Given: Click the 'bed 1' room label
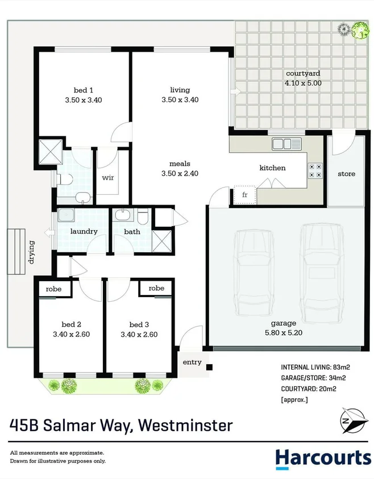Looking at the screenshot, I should pos(84,90).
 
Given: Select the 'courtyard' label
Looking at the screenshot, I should pos(303,73).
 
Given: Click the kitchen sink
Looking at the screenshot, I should pos(281,144).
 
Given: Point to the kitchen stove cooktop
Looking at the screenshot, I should pos(315,170).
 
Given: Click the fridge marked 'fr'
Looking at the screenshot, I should pos(245,195).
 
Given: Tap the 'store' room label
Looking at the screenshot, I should pos(346,173).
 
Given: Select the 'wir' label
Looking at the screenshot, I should pos(108,177).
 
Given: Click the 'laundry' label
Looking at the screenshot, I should pos(84,231).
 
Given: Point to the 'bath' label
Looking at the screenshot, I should pos(132,231).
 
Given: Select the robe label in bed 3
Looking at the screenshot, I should pos(156,289).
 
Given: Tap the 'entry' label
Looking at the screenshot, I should pos(192,362).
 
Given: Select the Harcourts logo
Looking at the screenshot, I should pos(323,458).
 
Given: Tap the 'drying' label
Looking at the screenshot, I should pos(31,254).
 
